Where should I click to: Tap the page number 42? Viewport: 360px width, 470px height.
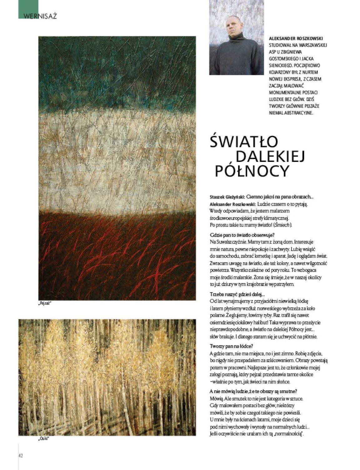(x=21, y=455)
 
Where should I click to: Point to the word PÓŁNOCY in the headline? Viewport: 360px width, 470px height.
(x=251, y=171)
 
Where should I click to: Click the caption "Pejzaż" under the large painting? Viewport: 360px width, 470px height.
(x=45, y=303)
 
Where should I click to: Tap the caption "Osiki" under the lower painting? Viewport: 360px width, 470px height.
(x=44, y=438)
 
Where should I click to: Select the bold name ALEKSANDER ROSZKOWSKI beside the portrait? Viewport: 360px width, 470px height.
(x=296, y=38)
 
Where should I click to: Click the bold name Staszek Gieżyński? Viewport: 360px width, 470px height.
(x=227, y=197)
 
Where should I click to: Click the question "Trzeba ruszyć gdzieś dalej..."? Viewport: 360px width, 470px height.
(x=237, y=294)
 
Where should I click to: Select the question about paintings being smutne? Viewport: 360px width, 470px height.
(x=253, y=391)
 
